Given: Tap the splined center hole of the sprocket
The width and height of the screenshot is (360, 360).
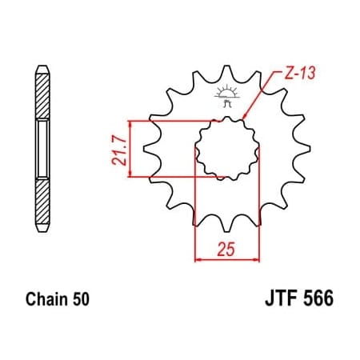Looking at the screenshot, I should [226, 148].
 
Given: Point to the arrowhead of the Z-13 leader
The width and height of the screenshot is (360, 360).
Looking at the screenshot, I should [246, 119].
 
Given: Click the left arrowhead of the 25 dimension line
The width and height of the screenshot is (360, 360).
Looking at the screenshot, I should [199, 258].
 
